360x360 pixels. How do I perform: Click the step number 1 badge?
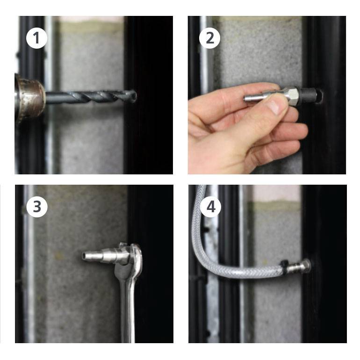tap(37, 38)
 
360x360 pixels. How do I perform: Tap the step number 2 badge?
tap(209, 38)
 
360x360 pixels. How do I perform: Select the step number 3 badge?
tap(37, 207)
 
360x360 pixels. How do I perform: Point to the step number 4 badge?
tap(210, 207)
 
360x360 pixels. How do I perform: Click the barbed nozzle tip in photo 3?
tap(88, 255)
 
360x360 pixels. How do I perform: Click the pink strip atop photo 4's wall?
tap(277, 193)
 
